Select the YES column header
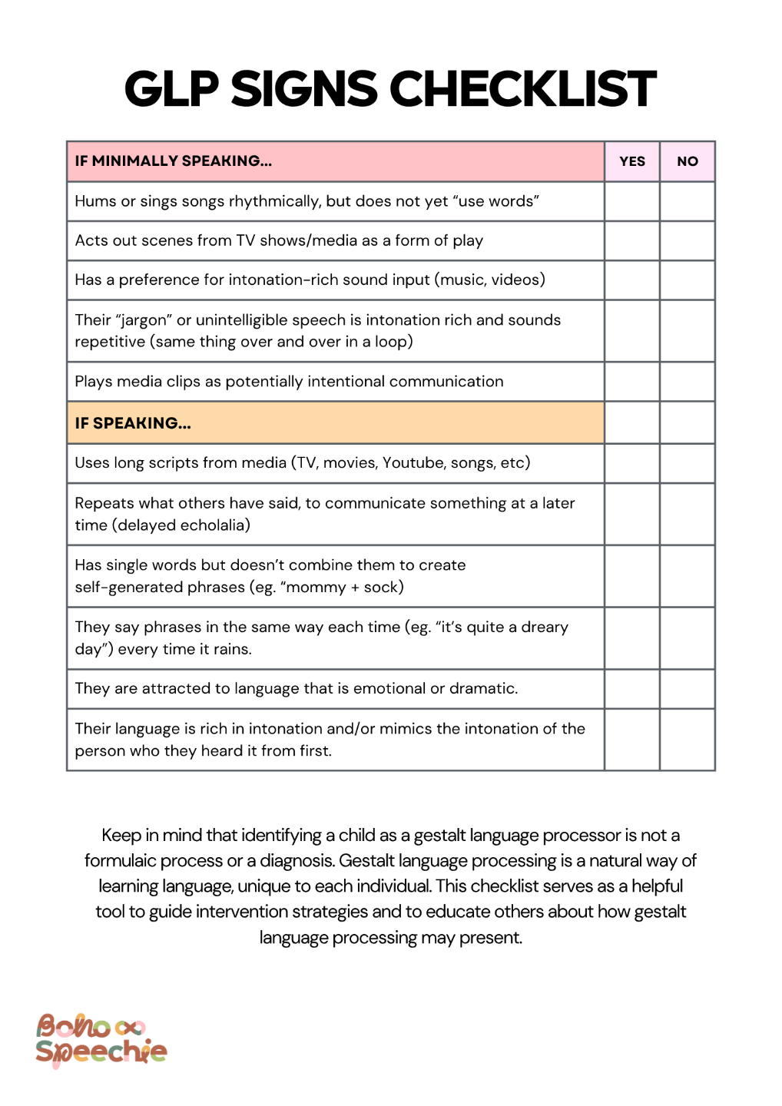(631, 161)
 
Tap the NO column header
(688, 161)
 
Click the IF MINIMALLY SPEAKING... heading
(173, 161)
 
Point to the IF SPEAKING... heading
(132, 423)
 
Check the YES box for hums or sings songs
(631, 201)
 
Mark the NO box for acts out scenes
(688, 240)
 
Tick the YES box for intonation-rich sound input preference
(631, 280)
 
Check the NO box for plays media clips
(688, 382)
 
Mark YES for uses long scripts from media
(631, 463)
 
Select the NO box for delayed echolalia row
(688, 514)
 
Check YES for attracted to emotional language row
(631, 689)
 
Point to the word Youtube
(414, 463)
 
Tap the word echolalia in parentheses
(210, 525)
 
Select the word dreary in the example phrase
(545, 628)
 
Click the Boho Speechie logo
(101, 1040)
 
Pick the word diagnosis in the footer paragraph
(295, 861)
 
